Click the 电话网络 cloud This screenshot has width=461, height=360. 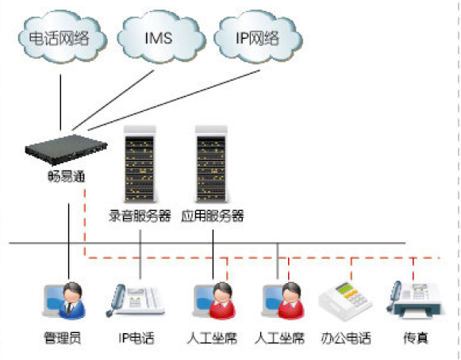(63, 37)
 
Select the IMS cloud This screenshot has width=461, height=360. (161, 37)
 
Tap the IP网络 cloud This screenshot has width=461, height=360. (258, 37)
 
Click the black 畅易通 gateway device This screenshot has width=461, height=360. (66, 149)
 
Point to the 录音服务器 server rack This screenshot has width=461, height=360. (140, 165)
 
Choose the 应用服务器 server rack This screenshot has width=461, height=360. (211, 165)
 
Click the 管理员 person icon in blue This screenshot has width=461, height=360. (65, 301)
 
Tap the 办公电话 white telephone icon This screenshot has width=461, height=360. (345, 301)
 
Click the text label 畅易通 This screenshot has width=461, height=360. (67, 176)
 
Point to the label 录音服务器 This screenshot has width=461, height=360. (140, 216)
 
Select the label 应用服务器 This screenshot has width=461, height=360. (213, 216)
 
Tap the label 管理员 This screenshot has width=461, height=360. (63, 338)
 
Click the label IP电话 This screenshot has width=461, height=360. (136, 338)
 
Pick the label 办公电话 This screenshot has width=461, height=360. (346, 338)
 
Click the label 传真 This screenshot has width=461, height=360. (416, 338)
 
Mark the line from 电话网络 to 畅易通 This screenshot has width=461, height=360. (60, 102)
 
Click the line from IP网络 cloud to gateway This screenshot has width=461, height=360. (174, 100)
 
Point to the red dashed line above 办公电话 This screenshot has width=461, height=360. (351, 269)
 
